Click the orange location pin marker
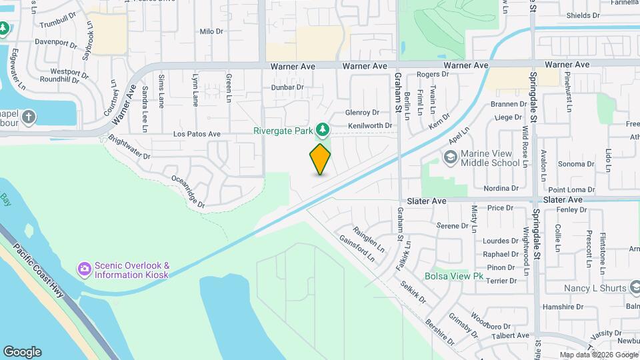[320, 159]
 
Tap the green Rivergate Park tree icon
[323, 129]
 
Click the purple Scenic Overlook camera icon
[84, 269]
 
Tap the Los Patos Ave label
[197, 134]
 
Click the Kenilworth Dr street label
[369, 125]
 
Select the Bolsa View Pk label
[453, 276]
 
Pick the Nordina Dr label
[501, 189]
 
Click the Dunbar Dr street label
[287, 87]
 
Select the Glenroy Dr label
[362, 113]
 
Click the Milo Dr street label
[211, 31]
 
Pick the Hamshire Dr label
[563, 307]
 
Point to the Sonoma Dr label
[571, 163]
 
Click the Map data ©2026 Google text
[598, 355]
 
